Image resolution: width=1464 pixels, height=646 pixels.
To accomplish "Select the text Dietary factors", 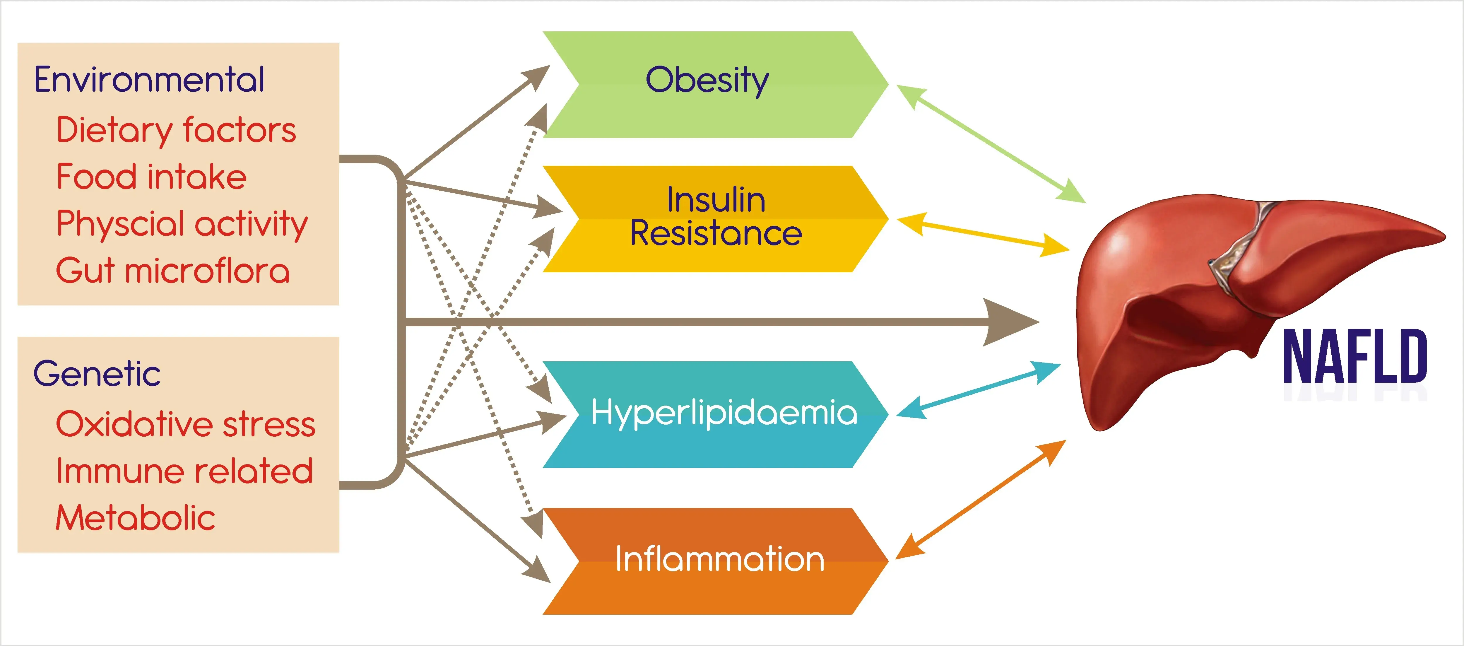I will [176, 130].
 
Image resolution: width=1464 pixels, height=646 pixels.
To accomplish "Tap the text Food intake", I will [151, 177].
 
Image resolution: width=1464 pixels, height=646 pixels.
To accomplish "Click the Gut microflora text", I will [173, 271].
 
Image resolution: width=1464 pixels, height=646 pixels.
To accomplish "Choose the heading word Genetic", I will [97, 374].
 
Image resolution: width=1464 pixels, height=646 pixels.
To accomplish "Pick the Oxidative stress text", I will [185, 424].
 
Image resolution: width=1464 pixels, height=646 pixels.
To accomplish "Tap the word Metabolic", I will [135, 518].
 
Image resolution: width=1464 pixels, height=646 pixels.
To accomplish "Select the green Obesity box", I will [708, 84].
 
